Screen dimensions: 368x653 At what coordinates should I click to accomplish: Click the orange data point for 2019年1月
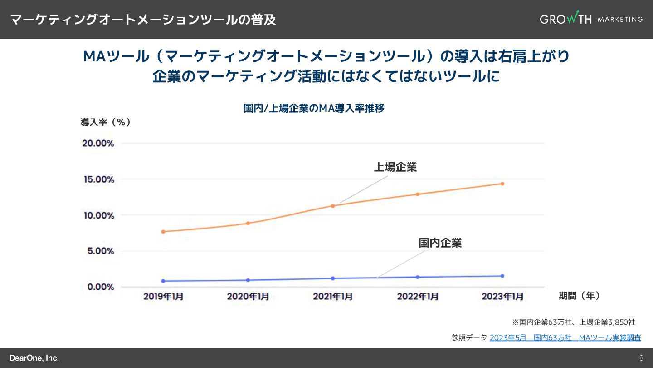163,232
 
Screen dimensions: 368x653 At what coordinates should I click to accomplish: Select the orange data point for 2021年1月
333,206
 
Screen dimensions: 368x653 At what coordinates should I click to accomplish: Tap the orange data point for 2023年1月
502,184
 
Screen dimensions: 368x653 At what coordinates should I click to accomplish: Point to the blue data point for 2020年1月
248,280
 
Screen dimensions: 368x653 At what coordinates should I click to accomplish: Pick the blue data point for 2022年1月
418,277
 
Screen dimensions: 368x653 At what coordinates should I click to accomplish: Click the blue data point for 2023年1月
502,276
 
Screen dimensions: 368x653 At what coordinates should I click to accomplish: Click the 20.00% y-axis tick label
98,144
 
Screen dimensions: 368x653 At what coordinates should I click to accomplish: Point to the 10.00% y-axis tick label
98,215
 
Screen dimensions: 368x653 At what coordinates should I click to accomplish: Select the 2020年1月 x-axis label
248,297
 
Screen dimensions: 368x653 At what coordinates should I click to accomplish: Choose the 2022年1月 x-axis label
418,297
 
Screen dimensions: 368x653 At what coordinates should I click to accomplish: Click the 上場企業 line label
395,167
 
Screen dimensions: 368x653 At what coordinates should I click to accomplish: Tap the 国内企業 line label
440,243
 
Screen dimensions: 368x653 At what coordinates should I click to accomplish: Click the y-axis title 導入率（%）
106,122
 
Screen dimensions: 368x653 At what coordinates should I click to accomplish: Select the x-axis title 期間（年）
580,296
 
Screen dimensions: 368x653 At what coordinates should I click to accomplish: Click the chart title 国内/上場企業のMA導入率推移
314,109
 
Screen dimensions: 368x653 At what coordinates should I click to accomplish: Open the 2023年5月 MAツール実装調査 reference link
565,338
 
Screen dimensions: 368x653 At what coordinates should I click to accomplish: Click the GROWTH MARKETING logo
591,19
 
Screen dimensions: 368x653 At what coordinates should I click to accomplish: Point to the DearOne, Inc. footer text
34,358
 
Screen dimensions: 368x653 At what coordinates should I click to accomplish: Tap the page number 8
641,358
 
